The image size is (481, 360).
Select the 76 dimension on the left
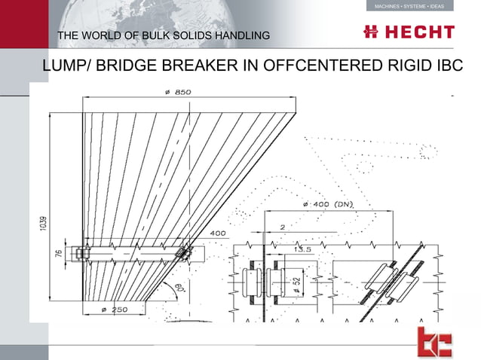click(x=60, y=254)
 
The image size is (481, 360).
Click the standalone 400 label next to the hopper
click(x=217, y=233)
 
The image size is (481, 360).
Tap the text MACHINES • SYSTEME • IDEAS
click(x=409, y=6)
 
